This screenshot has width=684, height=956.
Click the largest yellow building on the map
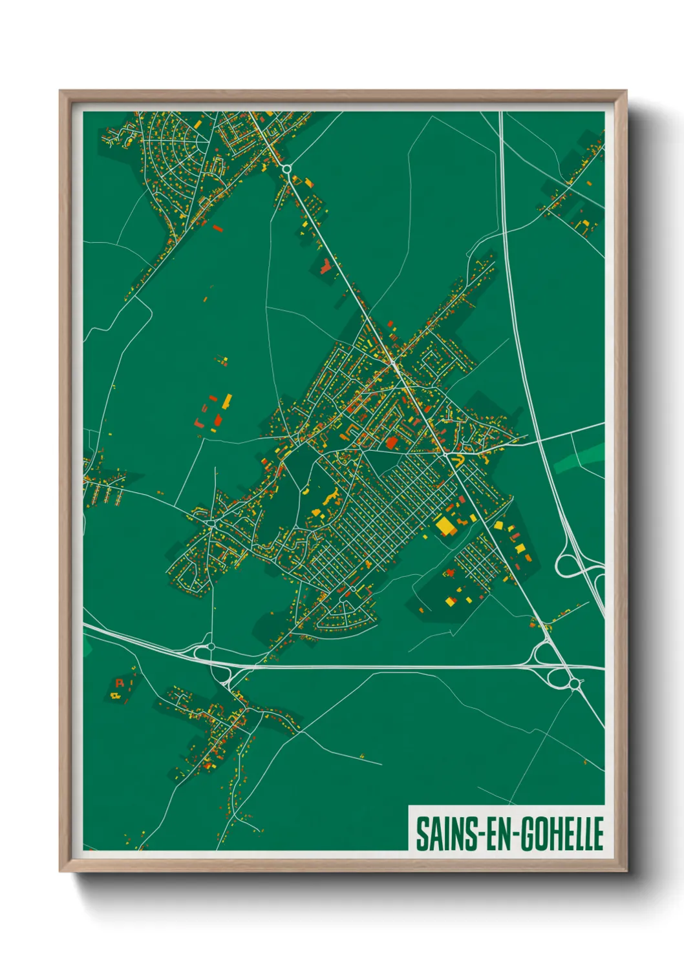click(x=445, y=526)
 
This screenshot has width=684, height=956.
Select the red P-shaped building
click(x=119, y=682)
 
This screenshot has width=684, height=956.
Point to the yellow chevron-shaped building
click(x=458, y=459)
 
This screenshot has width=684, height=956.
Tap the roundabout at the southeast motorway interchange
click(x=574, y=683)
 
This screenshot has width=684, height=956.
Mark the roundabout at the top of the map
click(x=286, y=169)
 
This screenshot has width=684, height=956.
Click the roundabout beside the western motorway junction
click(x=211, y=646)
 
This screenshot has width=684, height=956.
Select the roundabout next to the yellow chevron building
click(x=446, y=455)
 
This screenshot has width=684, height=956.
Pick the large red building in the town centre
click(x=392, y=442)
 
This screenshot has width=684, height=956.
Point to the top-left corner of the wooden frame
click(x=60, y=92)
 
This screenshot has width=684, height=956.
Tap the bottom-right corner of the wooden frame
click(x=626, y=871)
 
